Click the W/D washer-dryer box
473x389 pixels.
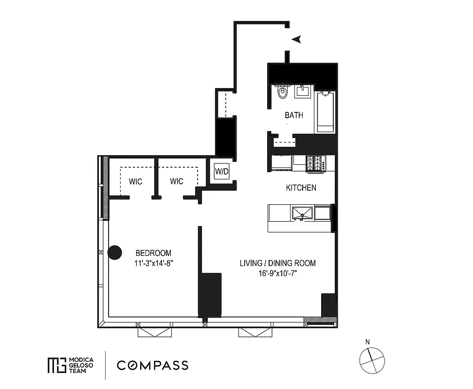pyautogui.click(x=221, y=171)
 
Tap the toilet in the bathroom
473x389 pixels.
pyautogui.click(x=282, y=91)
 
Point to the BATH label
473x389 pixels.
pyautogui.click(x=294, y=115)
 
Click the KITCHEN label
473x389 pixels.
pyautogui.click(x=301, y=188)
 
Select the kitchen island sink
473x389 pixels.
pyautogui.click(x=302, y=212)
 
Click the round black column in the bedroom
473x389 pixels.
pyautogui.click(x=114, y=252)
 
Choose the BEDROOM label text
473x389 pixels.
pyautogui.click(x=153, y=253)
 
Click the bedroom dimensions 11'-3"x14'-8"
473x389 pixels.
pyautogui.click(x=153, y=264)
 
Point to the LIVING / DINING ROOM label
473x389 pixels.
pyautogui.click(x=277, y=263)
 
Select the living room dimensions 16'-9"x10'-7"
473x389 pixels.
pyautogui.click(x=277, y=274)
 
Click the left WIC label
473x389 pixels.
pyautogui.click(x=135, y=181)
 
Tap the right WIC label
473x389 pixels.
pyautogui.click(x=177, y=181)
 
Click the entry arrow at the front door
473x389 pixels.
pyautogui.click(x=296, y=39)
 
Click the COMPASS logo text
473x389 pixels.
pyautogui.click(x=152, y=365)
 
